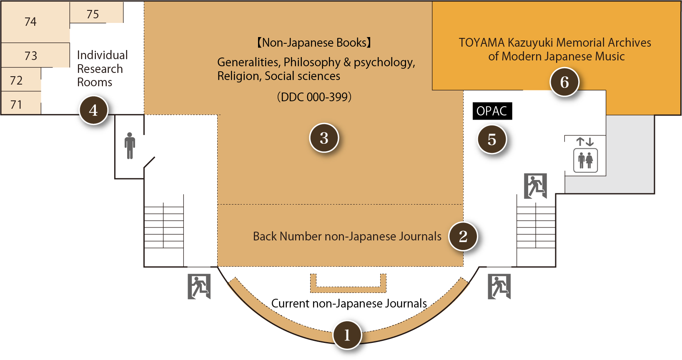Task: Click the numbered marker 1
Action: coord(347,335)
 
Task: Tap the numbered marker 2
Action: coord(463,236)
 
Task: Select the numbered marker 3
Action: coord(324,138)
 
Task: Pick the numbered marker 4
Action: coord(93,110)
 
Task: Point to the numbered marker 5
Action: coord(492,140)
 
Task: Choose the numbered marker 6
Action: coord(564,82)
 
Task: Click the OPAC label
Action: coord(492,111)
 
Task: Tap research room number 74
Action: coord(30,22)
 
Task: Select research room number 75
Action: coord(93,14)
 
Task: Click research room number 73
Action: coord(31,56)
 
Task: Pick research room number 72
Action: coord(16,80)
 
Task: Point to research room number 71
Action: coord(16,104)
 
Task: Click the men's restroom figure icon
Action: coord(130,145)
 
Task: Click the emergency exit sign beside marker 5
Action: coord(535,186)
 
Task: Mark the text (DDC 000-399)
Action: coord(314,97)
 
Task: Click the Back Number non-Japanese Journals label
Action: coord(347,236)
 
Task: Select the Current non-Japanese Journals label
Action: coord(349,303)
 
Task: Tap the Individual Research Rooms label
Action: coord(102,69)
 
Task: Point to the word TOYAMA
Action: coord(481,42)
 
